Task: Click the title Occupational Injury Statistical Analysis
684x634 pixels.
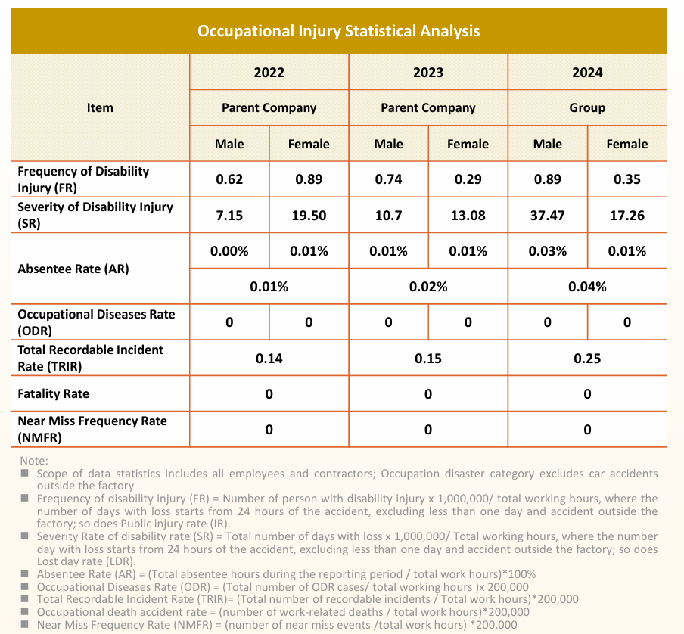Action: (338, 31)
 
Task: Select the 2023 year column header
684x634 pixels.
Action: (428, 73)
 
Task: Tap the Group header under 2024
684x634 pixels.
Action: (587, 107)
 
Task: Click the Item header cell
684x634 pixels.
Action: (100, 107)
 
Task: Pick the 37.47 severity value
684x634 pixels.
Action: (547, 216)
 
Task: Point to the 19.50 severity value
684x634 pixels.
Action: (309, 216)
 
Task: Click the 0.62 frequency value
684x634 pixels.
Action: (229, 179)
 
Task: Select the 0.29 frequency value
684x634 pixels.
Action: (468, 179)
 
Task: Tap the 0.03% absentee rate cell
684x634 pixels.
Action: (547, 251)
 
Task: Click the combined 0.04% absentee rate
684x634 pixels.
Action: (587, 287)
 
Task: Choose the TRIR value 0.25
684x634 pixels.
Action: (587, 358)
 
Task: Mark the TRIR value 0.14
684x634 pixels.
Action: (269, 358)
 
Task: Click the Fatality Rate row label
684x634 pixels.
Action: (53, 393)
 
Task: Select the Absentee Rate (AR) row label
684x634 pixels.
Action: (73, 269)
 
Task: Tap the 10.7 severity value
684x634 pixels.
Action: (388, 216)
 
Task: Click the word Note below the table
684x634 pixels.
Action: (34, 461)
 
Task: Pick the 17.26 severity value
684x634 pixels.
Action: (626, 216)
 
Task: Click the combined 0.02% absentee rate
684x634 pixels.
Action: (428, 287)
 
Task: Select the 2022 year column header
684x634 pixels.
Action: (269, 73)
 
